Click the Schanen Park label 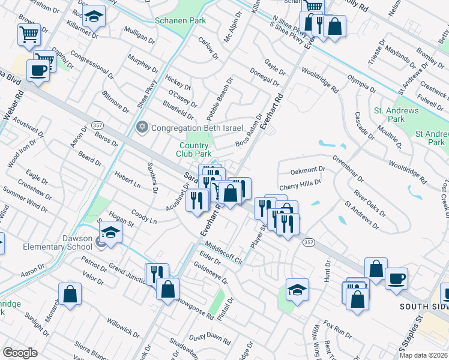[181, 20]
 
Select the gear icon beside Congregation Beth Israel [142, 127]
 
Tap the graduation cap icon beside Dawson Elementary [111, 232]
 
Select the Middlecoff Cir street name [223, 253]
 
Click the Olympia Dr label [361, 83]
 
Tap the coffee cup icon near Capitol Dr [40, 70]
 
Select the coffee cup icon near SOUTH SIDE [397, 279]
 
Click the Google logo [20, 353]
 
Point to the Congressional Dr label [91, 65]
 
